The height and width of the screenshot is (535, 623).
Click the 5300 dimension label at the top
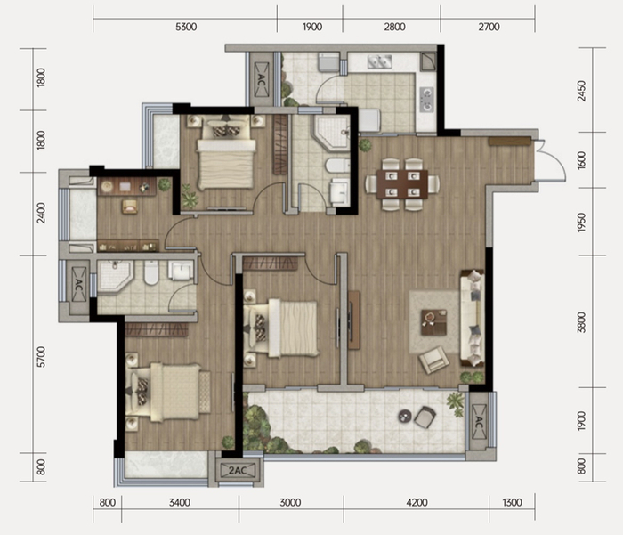point(186,27)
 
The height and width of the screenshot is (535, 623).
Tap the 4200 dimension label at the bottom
point(417,503)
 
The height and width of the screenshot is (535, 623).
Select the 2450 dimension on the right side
point(582,91)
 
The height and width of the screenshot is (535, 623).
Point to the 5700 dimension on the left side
point(41,357)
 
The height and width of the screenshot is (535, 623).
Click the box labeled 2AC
point(238,471)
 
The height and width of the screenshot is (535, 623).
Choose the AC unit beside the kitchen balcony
point(261,79)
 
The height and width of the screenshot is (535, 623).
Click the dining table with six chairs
point(402,184)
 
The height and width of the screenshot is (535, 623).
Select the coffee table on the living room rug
point(434,322)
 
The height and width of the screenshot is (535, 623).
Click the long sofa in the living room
point(472,318)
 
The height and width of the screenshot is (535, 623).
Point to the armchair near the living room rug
point(434,360)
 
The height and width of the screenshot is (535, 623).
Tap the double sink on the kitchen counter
point(379,61)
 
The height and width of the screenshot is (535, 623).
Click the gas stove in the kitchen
point(426,100)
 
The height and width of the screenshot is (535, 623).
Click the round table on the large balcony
point(406,416)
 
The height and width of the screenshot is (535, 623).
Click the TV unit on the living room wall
point(352,320)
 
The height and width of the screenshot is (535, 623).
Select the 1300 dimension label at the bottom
point(512,503)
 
